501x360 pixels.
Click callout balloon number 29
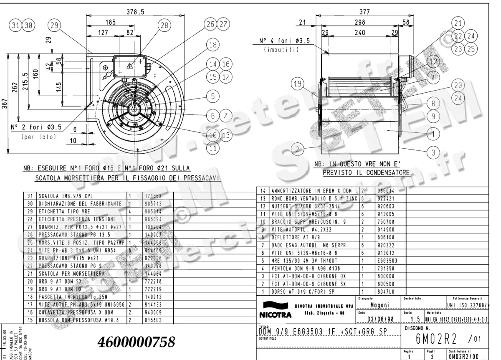pos(53,25)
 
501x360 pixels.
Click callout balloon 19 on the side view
pos(297,84)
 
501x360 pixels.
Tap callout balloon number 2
pos(297,149)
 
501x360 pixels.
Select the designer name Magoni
pos(380,305)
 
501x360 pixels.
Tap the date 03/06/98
pos(380,319)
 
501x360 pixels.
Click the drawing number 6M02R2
pos(436,337)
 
